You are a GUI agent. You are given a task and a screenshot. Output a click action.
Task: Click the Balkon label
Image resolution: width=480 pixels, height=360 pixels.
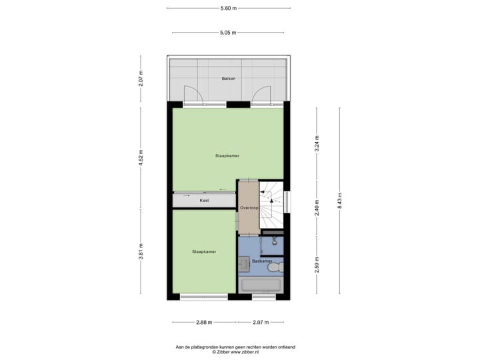229,79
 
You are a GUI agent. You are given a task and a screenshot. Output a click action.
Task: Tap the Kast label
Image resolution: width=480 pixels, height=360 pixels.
204,199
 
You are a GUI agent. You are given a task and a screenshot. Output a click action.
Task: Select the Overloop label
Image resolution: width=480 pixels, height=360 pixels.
249,208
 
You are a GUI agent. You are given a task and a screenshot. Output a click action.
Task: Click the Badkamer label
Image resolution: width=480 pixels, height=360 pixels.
261,261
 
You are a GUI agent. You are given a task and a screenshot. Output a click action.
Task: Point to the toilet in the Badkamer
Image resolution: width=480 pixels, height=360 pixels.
277,265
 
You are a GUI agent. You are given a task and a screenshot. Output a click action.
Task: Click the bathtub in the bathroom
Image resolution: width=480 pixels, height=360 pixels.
261,285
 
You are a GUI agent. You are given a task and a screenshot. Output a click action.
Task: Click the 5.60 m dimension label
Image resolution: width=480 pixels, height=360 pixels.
229,8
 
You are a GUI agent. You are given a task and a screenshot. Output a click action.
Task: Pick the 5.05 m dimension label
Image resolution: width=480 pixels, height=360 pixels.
229,32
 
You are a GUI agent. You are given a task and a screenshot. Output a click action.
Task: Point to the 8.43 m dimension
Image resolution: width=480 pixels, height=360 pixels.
339,201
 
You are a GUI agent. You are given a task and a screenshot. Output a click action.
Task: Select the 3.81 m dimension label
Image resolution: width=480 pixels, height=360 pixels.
141,254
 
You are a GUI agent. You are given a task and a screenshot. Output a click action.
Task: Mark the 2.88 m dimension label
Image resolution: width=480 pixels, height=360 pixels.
203,323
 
